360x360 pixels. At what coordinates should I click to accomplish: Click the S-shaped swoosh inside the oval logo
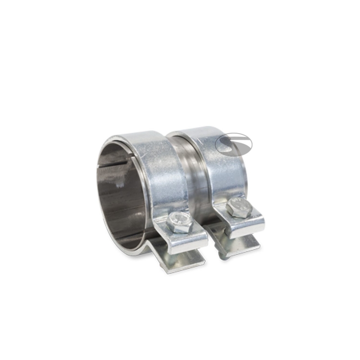(234, 144)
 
